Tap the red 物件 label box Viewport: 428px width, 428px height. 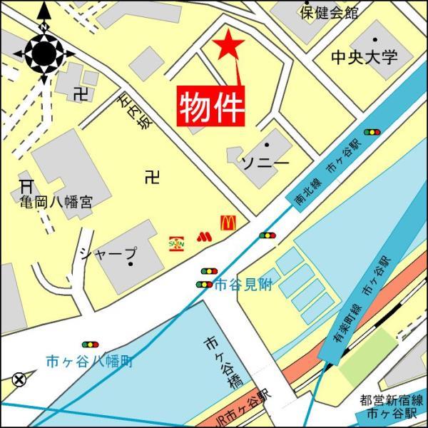click(211, 107)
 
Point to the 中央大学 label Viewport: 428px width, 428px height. click(365, 57)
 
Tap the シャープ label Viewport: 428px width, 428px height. click(108, 253)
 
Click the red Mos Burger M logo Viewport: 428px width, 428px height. click(204, 235)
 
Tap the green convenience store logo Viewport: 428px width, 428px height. click(176, 243)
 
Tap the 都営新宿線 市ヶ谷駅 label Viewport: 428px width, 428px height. click(392, 407)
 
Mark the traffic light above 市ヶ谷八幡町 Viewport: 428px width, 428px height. click(90, 345)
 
